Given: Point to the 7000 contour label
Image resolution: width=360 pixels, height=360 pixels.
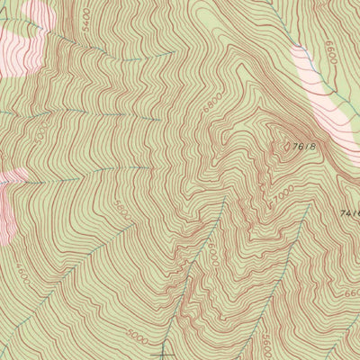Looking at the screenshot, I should (x=284, y=193).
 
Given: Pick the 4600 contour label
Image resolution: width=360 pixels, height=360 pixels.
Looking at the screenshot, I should (x=21, y=269).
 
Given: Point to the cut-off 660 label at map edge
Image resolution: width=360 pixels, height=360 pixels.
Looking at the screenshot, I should (x=352, y=292).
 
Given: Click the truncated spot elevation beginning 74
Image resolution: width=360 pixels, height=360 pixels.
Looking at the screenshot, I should (x=350, y=213).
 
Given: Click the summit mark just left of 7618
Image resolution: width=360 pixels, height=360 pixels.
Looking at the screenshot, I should (x=286, y=144).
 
